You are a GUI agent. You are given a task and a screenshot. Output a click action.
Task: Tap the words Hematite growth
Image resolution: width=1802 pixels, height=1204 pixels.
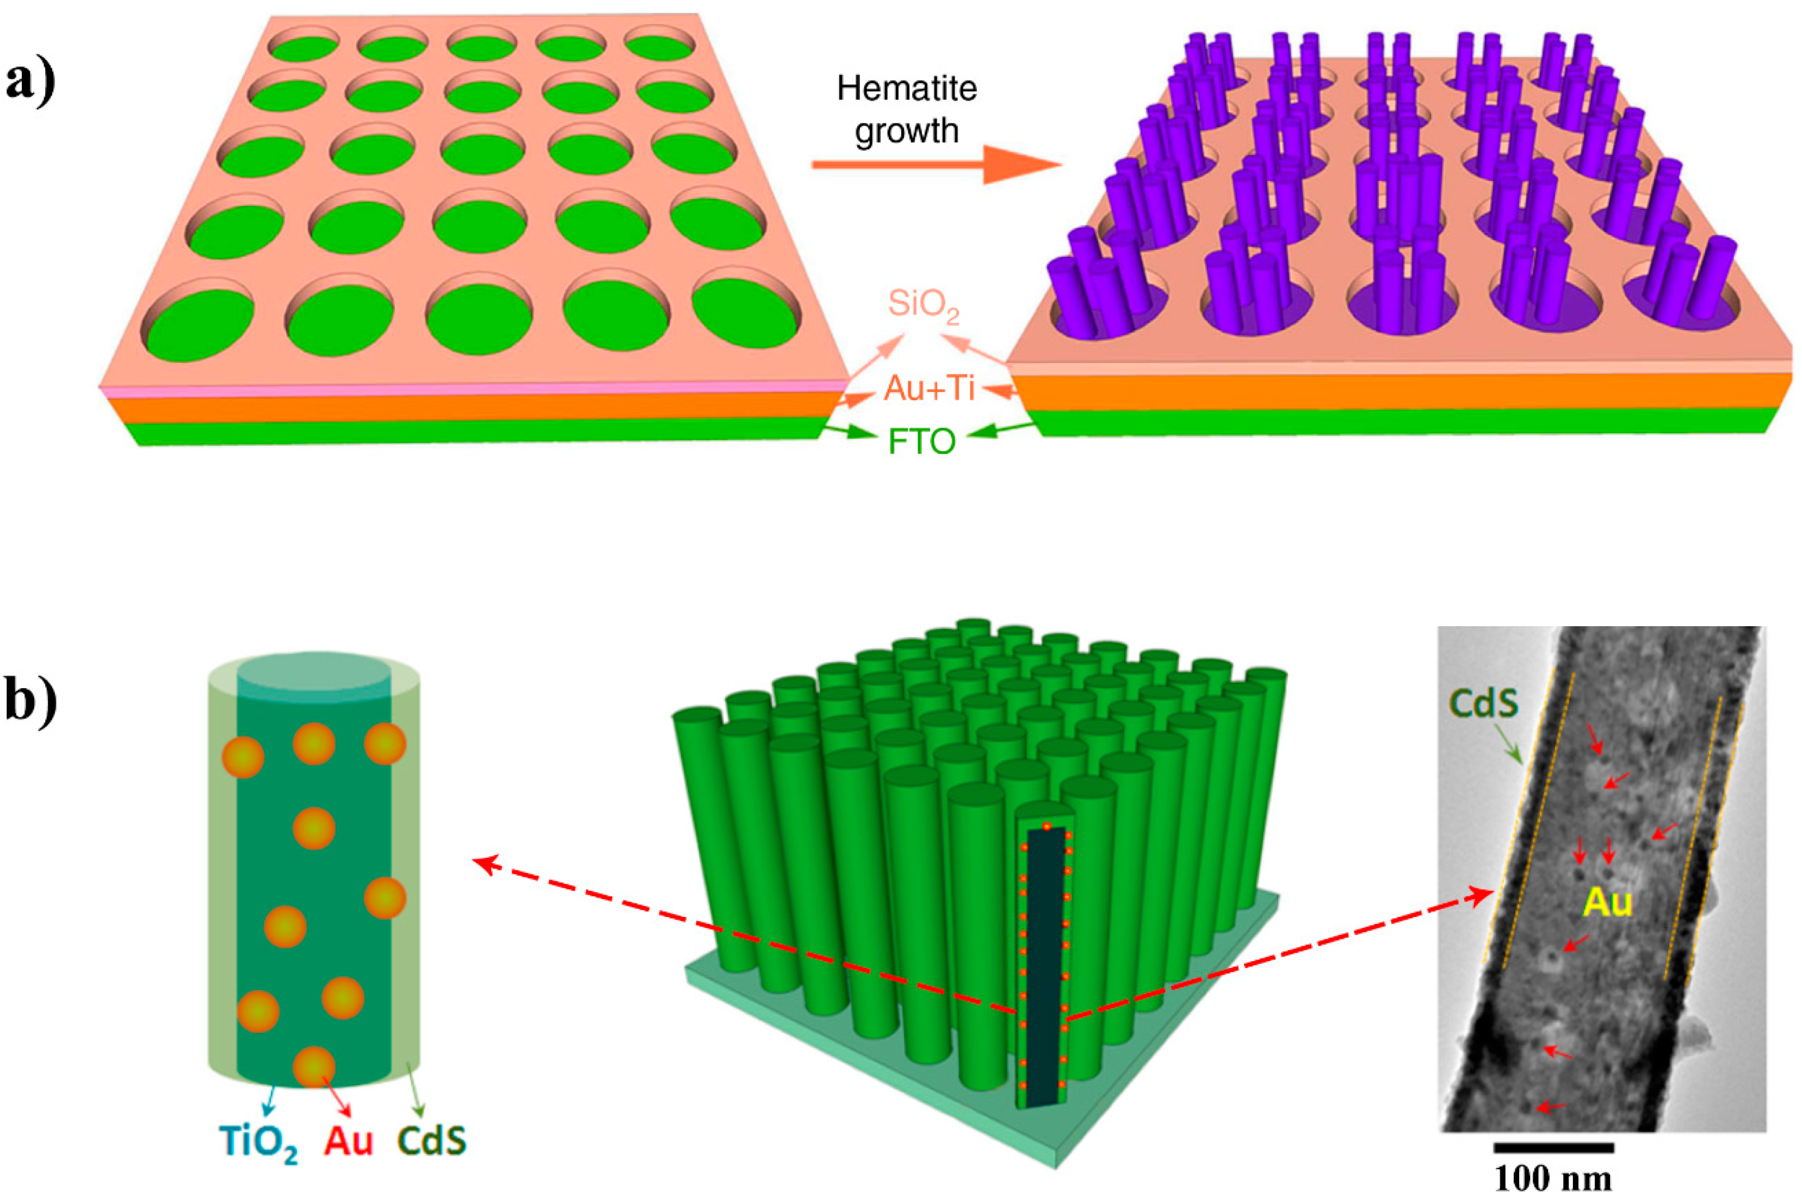tap(906, 110)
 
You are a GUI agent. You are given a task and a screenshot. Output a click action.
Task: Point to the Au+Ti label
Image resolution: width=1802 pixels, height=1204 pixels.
tap(930, 389)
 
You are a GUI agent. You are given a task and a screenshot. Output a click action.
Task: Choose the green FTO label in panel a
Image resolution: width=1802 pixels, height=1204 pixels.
tap(922, 441)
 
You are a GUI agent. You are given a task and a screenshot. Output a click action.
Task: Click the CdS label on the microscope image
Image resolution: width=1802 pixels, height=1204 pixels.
tap(1483, 703)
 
